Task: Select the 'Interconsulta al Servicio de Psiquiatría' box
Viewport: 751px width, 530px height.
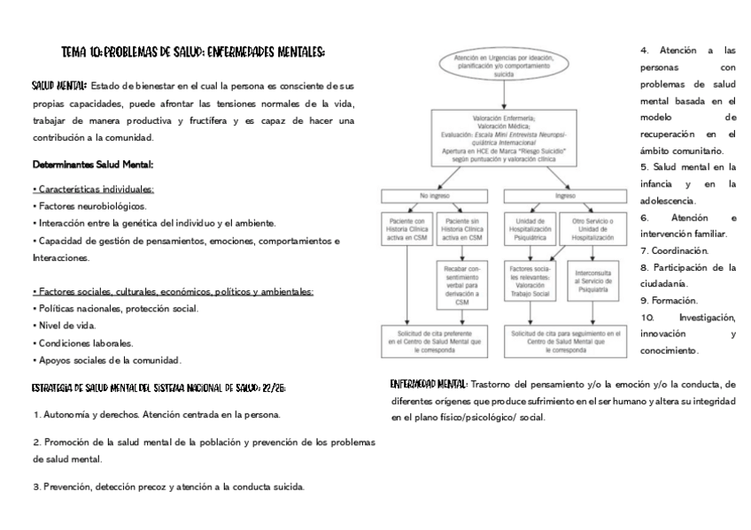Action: (592, 280)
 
